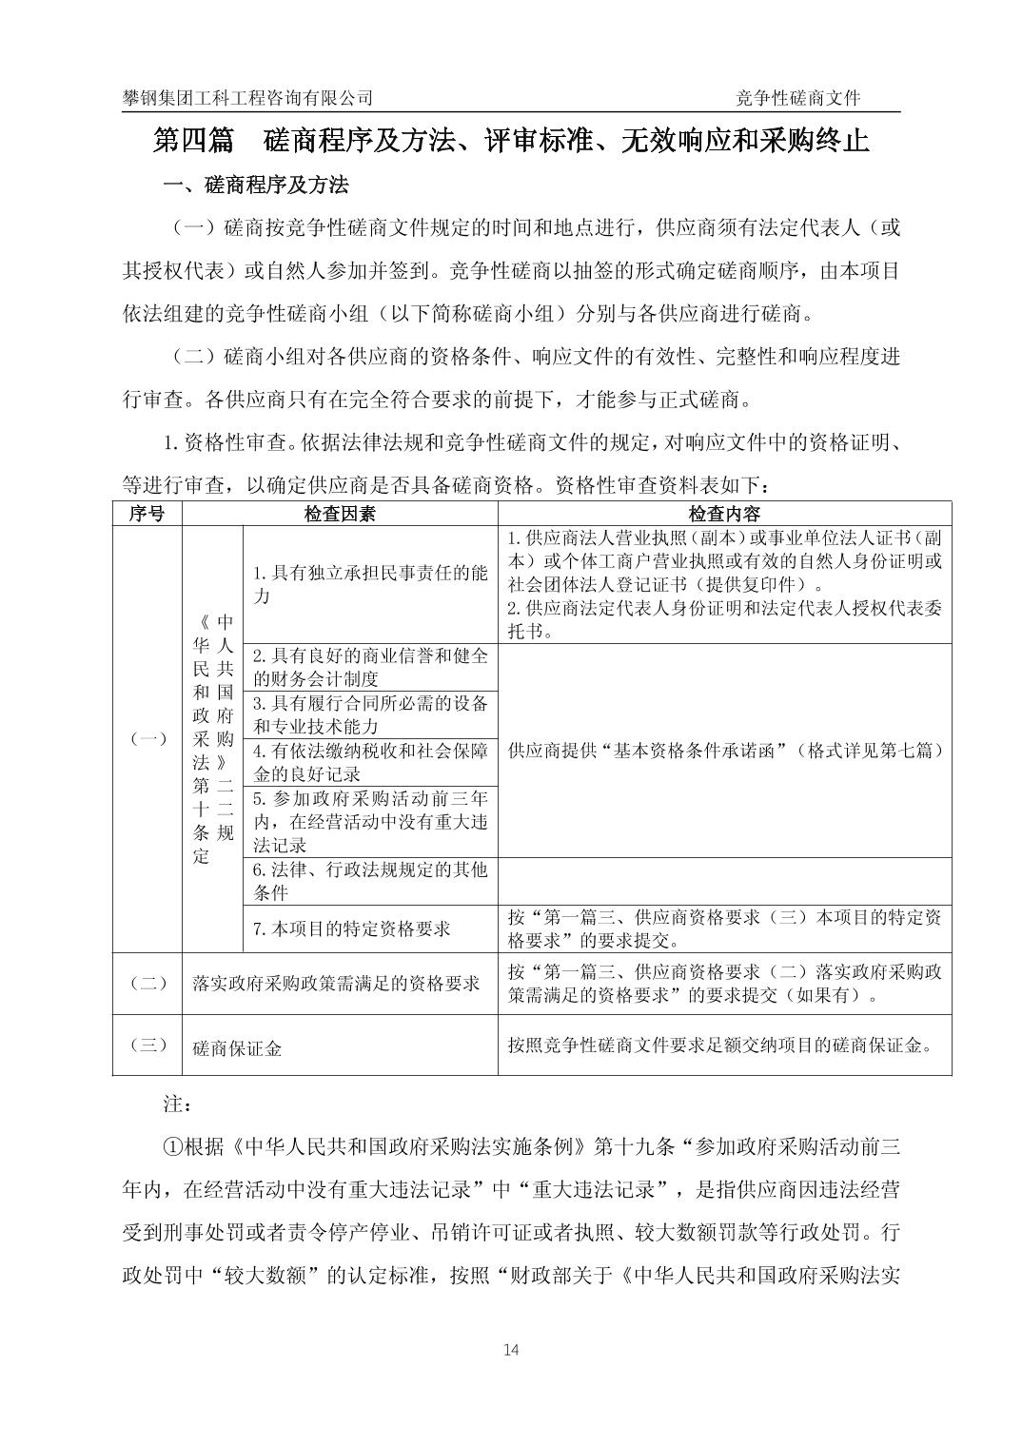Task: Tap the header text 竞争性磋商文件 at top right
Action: [x=798, y=98]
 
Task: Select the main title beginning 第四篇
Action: [x=511, y=141]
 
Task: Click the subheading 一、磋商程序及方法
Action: [x=256, y=185]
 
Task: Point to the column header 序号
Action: [x=147, y=514]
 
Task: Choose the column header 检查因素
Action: [x=340, y=514]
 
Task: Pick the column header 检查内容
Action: [x=724, y=514]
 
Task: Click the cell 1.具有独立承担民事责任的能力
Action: [x=370, y=584]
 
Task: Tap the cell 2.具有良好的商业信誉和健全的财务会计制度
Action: [x=370, y=667]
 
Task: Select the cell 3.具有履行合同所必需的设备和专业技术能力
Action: [x=370, y=714]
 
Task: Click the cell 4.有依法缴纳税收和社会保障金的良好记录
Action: [x=370, y=762]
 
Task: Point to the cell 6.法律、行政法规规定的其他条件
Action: [x=370, y=881]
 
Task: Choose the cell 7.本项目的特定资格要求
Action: [x=352, y=928]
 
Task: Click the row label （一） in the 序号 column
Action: [x=147, y=739]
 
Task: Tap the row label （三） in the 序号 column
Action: [x=147, y=1045]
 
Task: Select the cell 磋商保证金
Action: [x=238, y=1048]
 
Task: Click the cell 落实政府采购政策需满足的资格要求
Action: [x=337, y=984]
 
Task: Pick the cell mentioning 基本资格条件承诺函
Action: [x=724, y=751]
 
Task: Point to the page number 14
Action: [x=511, y=1349]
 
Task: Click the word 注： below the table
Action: [x=178, y=1104]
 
